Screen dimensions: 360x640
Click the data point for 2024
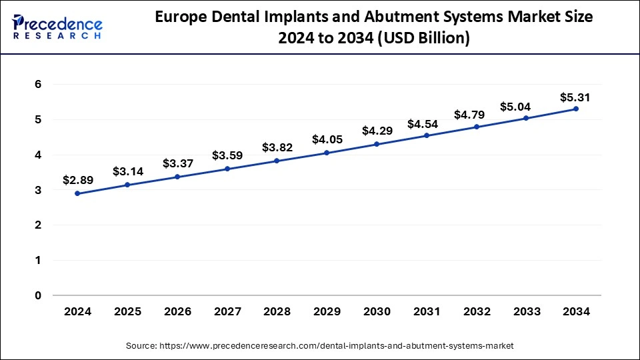(77, 193)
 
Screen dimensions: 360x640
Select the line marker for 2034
(576, 109)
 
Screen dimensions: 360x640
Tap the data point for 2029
(327, 153)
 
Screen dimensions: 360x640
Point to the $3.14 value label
(127, 171)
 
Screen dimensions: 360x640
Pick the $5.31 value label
(576, 97)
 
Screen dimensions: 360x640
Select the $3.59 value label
(227, 155)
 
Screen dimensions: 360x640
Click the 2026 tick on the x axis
(177, 311)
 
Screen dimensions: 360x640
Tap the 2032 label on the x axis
(477, 311)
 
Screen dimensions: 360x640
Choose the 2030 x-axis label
(377, 311)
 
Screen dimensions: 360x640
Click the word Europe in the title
(179, 18)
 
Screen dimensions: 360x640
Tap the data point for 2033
(526, 118)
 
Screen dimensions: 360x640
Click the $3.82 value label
(277, 147)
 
